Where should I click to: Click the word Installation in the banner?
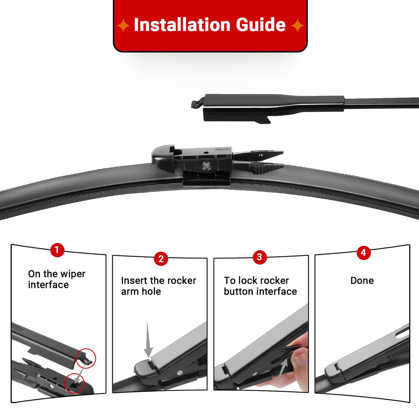[x=182, y=25]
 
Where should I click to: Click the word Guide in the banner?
[x=261, y=25]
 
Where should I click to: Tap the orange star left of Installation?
[x=123, y=25]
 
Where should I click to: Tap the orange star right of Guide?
[x=297, y=25]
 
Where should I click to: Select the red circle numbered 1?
[x=57, y=250]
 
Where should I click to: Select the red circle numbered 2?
[x=161, y=259]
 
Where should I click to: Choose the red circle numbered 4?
[x=363, y=253]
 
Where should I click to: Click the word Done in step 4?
[x=362, y=280]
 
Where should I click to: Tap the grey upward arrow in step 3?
[x=281, y=372]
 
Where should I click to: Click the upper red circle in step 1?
[x=86, y=358]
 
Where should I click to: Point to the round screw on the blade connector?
[x=205, y=166]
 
